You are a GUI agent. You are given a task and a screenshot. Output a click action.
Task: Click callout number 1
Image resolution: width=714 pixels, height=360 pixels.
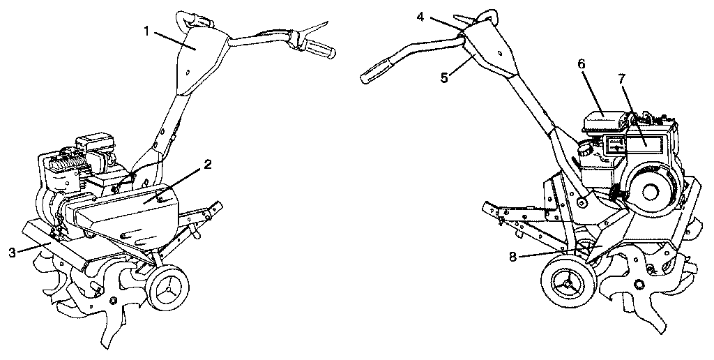click(x=146, y=31)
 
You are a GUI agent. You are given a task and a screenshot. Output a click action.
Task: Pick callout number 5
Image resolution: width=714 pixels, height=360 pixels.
click(x=443, y=78)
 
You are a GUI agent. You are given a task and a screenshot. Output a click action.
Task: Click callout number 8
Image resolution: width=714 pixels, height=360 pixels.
click(x=512, y=257)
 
